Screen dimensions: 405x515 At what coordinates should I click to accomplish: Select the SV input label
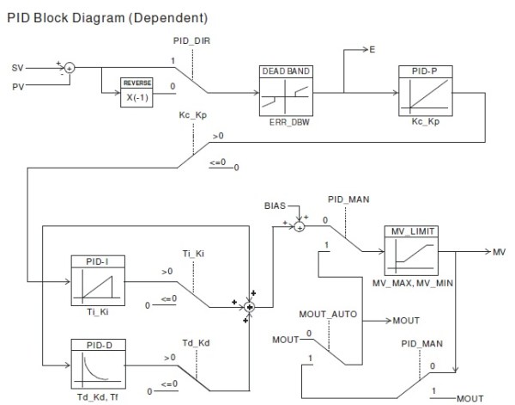(x=18, y=66)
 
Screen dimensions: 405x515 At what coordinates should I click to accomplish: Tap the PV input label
(x=18, y=86)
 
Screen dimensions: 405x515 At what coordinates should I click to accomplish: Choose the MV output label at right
(x=499, y=252)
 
